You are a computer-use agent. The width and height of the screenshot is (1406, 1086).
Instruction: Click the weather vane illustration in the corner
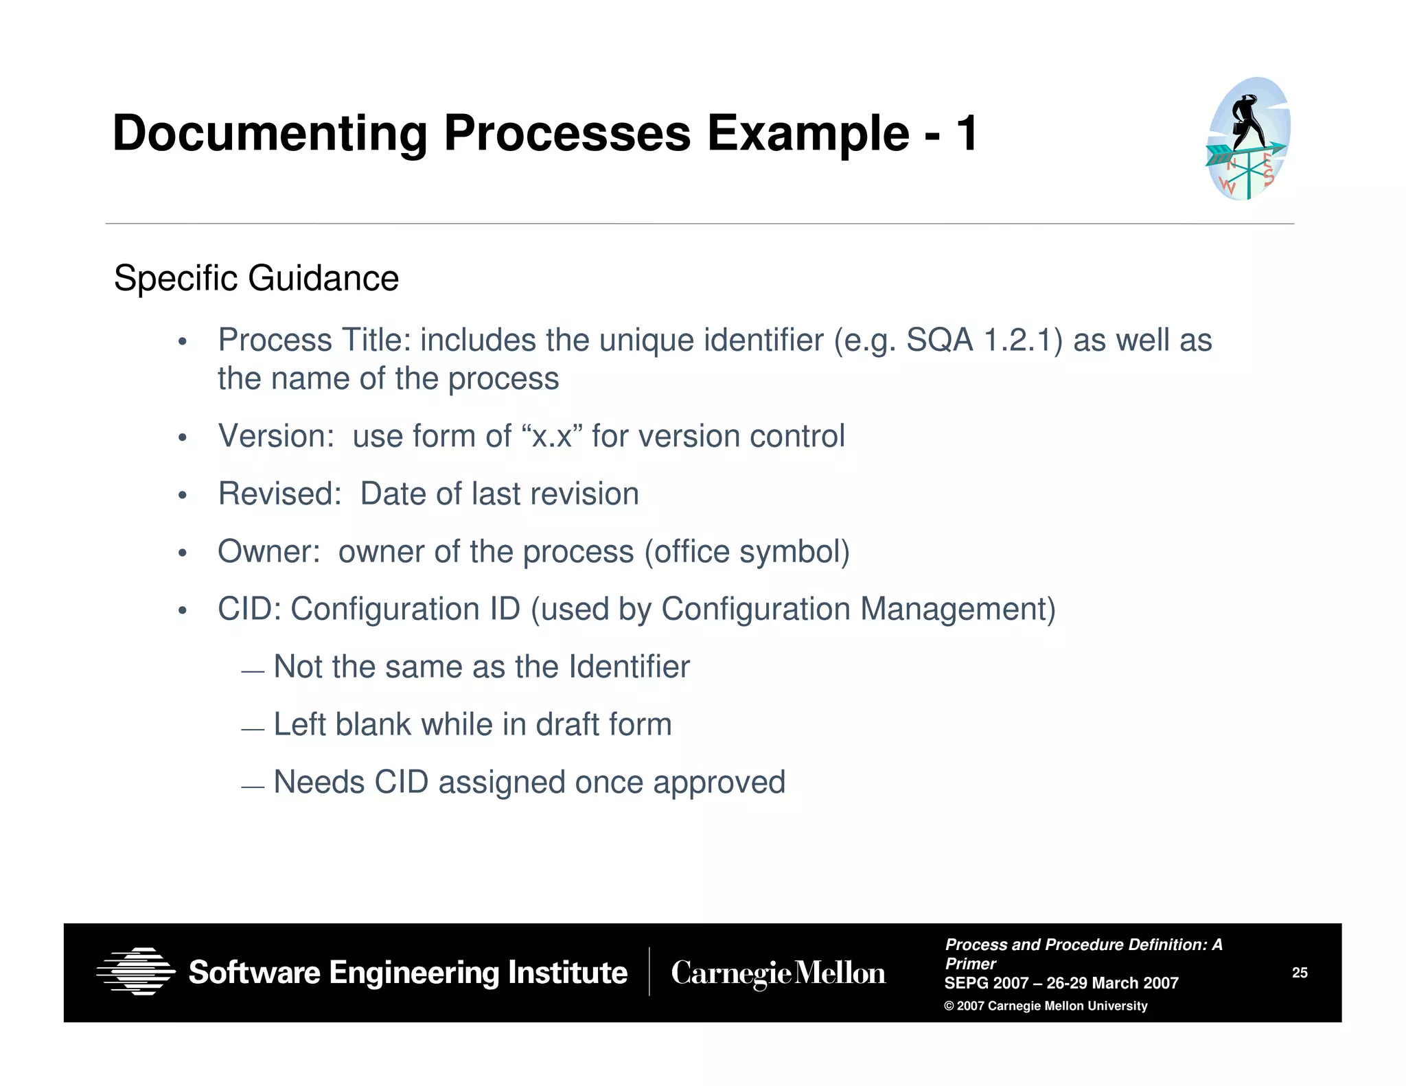[x=1248, y=139]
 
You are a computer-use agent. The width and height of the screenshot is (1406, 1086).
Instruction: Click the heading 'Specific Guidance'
[x=256, y=279]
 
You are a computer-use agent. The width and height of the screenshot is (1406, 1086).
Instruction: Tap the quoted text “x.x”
[x=552, y=437]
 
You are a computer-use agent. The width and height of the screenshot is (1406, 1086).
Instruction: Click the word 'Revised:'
[x=279, y=494]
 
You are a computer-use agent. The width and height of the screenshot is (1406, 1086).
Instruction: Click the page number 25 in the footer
[x=1300, y=973]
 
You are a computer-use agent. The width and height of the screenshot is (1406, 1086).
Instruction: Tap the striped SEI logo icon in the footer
[x=136, y=971]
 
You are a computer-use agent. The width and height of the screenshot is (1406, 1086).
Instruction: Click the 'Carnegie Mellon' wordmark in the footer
[x=778, y=973]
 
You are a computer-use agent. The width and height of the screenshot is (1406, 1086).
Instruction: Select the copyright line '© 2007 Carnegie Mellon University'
[x=1046, y=1006]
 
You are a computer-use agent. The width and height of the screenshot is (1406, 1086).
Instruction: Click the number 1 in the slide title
[x=967, y=133]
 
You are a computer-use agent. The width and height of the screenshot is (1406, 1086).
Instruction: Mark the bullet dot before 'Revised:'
[x=182, y=496]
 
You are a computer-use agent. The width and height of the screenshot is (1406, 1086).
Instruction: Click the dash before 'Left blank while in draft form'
[x=253, y=730]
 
